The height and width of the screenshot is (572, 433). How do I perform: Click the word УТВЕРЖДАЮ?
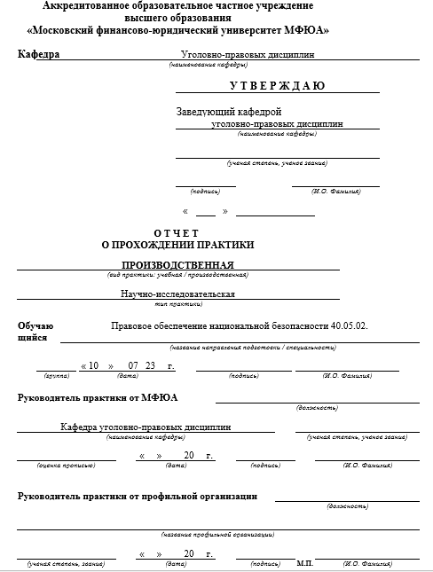click(277, 86)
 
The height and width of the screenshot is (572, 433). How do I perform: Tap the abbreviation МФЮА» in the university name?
click(303, 30)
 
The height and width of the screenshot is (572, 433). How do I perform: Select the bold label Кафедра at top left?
click(38, 54)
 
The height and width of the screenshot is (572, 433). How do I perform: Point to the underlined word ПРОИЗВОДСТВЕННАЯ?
click(177, 265)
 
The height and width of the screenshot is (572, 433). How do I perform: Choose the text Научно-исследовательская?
click(177, 294)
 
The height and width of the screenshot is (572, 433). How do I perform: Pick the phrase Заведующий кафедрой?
click(229, 112)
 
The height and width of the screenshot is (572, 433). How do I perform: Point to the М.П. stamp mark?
click(304, 563)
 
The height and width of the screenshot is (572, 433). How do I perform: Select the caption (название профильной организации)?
click(216, 534)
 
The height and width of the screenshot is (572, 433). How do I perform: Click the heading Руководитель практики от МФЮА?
click(98, 397)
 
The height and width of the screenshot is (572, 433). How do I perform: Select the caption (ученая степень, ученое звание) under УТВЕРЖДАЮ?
click(277, 163)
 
